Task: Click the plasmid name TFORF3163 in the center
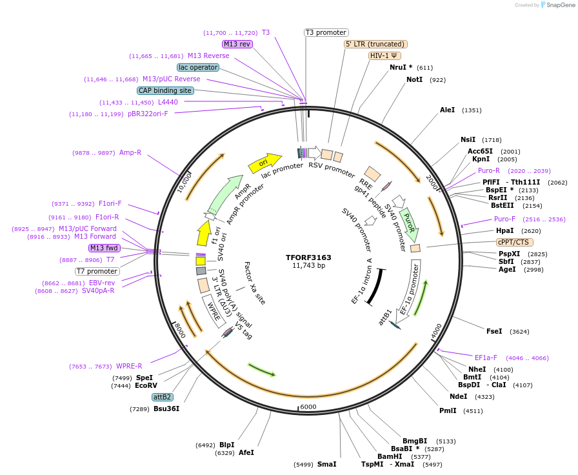tap(308, 258)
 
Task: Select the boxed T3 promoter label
tap(326, 32)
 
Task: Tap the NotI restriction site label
tap(414, 79)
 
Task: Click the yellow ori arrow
tap(264, 163)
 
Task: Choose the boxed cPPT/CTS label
tap(513, 242)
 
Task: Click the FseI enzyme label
tap(494, 331)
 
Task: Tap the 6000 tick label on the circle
tap(308, 407)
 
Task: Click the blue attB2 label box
tap(162, 397)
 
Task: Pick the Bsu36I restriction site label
tap(166, 409)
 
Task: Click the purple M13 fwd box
tap(105, 248)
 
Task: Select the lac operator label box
tap(197, 67)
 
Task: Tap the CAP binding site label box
tap(165, 90)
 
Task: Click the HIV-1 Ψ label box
tap(384, 56)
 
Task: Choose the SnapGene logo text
tap(559, 5)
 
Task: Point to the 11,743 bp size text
tap(308, 265)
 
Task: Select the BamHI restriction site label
tap(390, 456)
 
